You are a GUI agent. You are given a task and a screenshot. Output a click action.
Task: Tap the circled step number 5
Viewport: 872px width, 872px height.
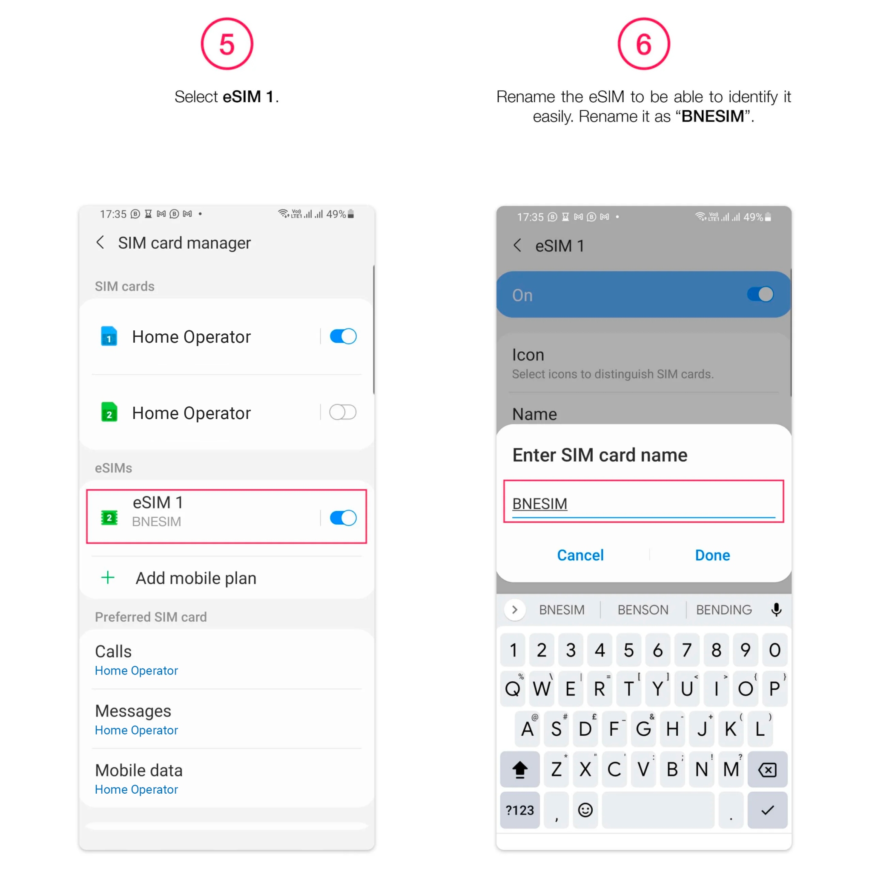pos(227,44)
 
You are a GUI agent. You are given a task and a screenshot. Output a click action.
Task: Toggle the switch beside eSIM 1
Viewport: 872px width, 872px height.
pos(343,518)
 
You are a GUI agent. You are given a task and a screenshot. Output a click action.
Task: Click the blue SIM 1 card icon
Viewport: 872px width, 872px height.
pos(109,336)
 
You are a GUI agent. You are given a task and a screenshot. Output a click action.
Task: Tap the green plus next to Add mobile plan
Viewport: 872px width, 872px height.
pos(108,577)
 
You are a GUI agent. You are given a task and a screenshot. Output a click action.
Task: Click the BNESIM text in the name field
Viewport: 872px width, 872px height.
pos(539,503)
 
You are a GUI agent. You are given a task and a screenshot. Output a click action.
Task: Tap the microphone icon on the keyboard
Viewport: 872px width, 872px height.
pos(776,610)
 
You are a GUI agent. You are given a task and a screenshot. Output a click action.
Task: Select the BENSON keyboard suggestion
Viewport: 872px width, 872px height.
pos(643,610)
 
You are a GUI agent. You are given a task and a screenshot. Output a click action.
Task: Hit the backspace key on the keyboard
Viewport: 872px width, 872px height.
pos(767,769)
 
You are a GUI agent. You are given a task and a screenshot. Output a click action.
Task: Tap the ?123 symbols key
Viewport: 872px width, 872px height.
pos(519,810)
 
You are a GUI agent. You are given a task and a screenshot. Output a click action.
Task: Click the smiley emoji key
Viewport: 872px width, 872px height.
pos(585,810)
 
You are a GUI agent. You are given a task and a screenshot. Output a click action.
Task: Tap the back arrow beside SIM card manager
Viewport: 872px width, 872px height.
pos(100,242)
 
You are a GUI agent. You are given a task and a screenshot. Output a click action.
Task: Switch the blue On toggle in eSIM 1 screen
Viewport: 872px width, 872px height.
pos(760,294)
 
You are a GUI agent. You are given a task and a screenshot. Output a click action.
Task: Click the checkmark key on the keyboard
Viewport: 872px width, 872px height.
pos(767,810)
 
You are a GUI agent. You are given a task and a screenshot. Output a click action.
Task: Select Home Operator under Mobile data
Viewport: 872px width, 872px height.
pos(136,789)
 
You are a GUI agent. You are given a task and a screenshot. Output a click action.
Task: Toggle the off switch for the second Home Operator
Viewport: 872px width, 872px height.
pos(343,412)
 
